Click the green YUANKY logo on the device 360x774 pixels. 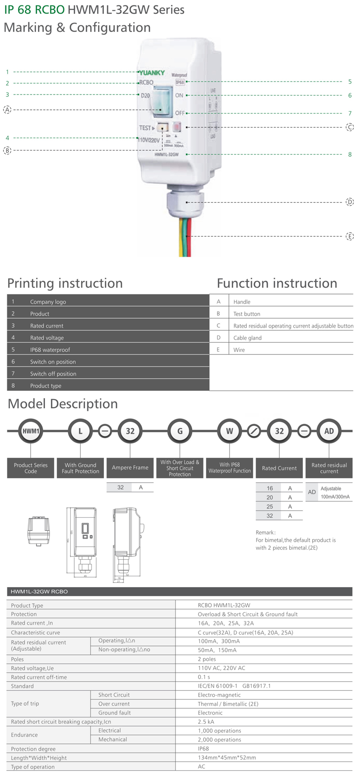(x=152, y=72)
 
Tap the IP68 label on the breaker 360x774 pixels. (x=180, y=82)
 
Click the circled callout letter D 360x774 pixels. (x=350, y=202)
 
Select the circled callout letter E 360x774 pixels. (x=350, y=236)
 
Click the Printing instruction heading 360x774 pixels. (x=65, y=283)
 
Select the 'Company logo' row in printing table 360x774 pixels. (x=48, y=302)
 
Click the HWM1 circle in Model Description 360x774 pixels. (x=31, y=431)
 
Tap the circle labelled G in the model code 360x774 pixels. (x=180, y=431)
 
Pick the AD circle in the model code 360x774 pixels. (x=329, y=431)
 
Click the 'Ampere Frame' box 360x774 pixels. (x=130, y=468)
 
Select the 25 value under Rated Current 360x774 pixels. (x=270, y=507)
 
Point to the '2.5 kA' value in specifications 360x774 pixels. (x=206, y=722)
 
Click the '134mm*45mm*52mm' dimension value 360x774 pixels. (x=227, y=758)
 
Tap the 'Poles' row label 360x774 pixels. (x=18, y=659)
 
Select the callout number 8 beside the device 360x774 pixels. (x=350, y=154)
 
